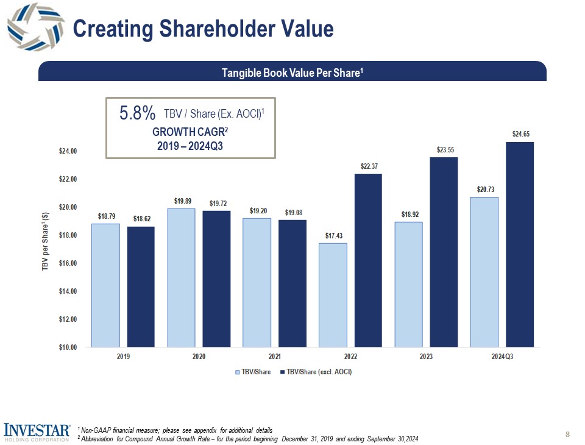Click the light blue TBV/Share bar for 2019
coord(105,285)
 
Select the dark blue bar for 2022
coord(368,260)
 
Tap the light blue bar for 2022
coord(333,295)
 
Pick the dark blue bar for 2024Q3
coord(520,244)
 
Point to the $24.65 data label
coord(520,133)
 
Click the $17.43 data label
coord(333,235)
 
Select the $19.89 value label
coord(181,201)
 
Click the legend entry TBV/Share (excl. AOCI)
coord(319,372)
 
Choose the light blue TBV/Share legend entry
coord(255,372)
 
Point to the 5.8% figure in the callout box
coord(138,113)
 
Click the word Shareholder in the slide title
coord(221,29)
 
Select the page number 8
coord(567,435)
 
